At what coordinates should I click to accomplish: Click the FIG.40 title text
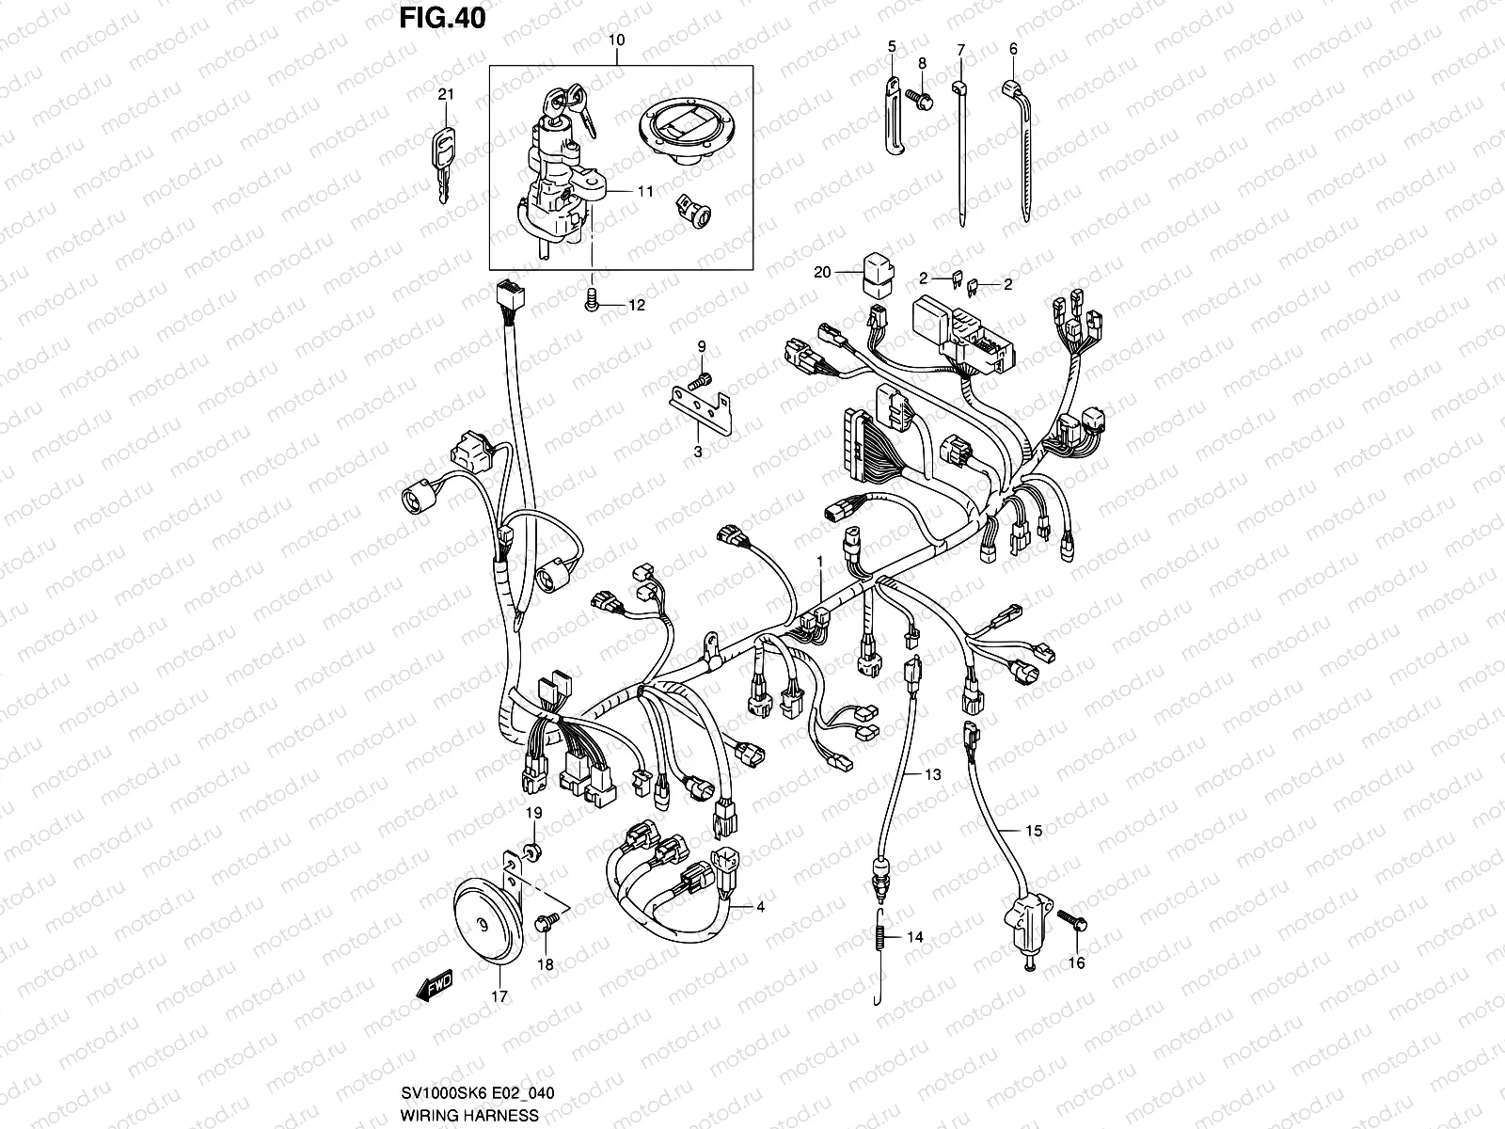[x=443, y=18]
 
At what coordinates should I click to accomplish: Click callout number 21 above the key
[x=446, y=94]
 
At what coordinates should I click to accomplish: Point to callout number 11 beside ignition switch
[x=644, y=190]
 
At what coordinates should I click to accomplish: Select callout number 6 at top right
[x=1013, y=49]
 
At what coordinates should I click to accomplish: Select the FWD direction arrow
[x=436, y=987]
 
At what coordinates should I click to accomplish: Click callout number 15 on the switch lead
[x=1034, y=831]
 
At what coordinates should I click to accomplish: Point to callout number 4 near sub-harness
[x=760, y=907]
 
